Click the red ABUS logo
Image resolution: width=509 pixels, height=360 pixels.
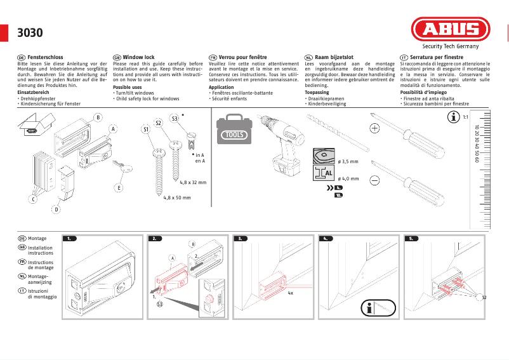click(x=450, y=29)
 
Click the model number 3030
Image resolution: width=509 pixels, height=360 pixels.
click(x=29, y=33)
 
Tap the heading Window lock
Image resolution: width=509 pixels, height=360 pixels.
click(x=138, y=57)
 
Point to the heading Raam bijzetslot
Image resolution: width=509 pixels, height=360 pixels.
click(x=334, y=57)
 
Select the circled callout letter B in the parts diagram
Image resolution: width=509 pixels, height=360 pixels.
click(x=98, y=117)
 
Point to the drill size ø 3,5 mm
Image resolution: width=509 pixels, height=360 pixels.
click(x=348, y=161)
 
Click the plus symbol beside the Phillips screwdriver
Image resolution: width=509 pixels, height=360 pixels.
click(x=374, y=129)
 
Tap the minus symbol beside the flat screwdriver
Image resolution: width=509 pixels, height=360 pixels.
click(x=374, y=180)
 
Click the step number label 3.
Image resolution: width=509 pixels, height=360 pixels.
click(x=241, y=239)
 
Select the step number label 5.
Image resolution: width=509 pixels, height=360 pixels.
click(x=412, y=239)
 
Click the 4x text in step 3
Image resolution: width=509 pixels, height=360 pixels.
click(x=290, y=294)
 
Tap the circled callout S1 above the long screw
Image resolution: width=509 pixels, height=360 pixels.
click(x=145, y=130)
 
